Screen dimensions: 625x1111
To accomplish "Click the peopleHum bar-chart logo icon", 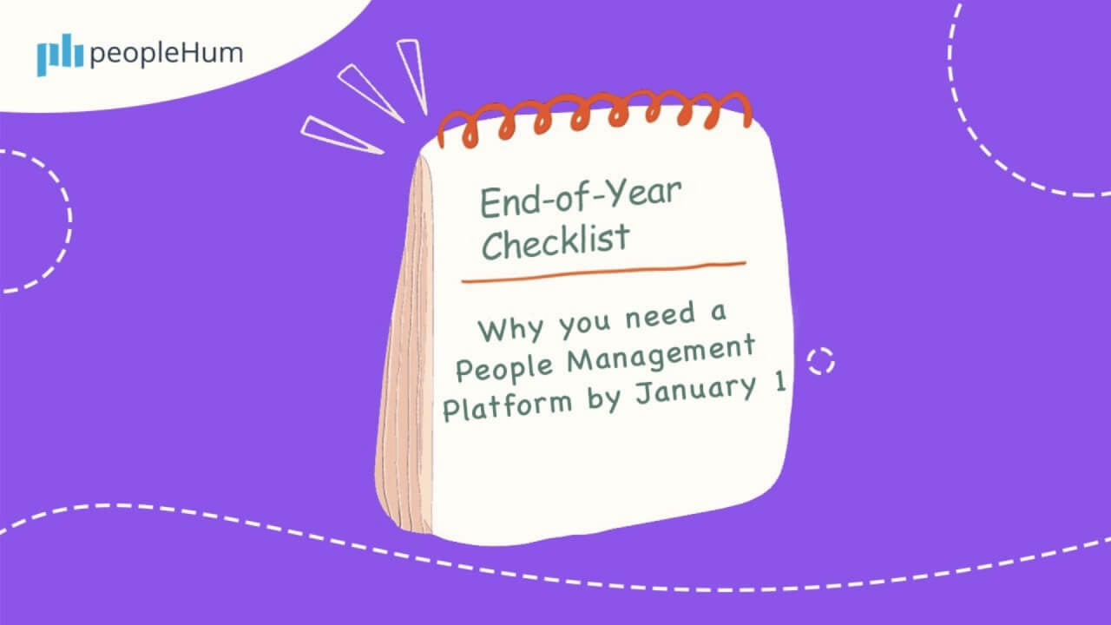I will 60,56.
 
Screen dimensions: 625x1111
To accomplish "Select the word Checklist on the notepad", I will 555,241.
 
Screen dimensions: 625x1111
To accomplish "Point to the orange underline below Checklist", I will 603,271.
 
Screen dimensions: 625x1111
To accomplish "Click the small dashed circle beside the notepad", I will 820,360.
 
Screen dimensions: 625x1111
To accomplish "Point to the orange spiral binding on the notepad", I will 595,117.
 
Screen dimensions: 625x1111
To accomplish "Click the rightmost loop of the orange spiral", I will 734,108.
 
